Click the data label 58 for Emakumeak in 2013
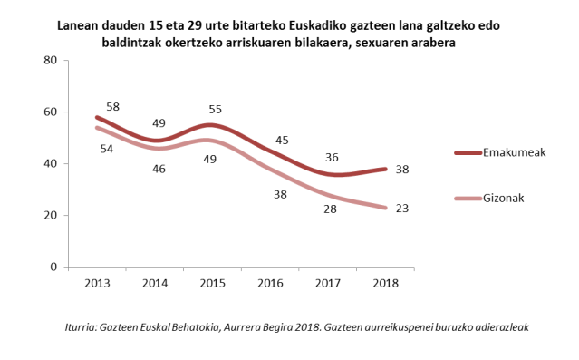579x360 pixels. [x=114, y=106]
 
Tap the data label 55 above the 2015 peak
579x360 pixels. [x=215, y=108]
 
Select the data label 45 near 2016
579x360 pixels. [x=282, y=140]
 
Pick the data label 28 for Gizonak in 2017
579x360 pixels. [x=330, y=209]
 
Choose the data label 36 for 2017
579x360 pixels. [x=333, y=156]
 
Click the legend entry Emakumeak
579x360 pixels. [x=513, y=153]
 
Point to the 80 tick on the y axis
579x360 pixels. [x=51, y=61]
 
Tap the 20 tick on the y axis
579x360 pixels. [x=51, y=216]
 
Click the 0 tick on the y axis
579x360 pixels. [x=54, y=268]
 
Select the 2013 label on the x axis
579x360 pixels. [x=97, y=283]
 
